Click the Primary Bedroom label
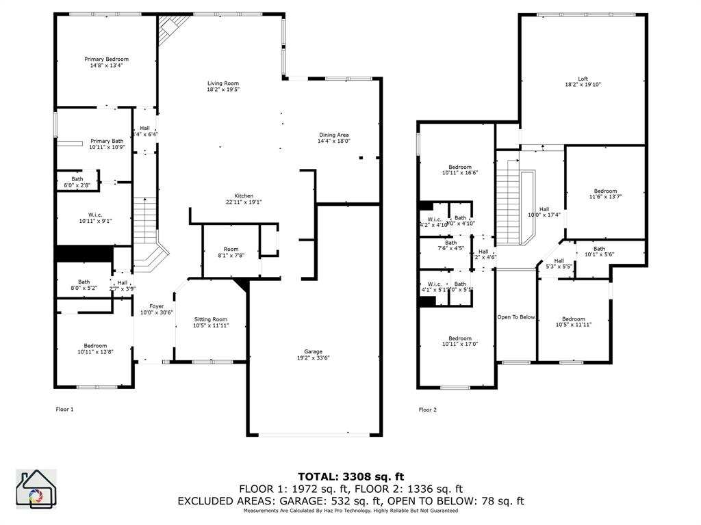[106, 59]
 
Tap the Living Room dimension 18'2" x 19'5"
[223, 90]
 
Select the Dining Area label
[333, 135]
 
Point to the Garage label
[313, 351]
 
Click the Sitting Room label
[210, 319]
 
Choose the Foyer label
[156, 306]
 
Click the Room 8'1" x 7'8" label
[231, 250]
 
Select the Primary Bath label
[107, 141]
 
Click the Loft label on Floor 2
[583, 79]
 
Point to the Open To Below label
[515, 317]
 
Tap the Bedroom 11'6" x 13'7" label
[605, 191]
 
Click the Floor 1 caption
[64, 409]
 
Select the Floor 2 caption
[427, 410]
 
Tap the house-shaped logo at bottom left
[36, 489]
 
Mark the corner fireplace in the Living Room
[169, 29]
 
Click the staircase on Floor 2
[507, 203]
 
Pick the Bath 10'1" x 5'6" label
[599, 249]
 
